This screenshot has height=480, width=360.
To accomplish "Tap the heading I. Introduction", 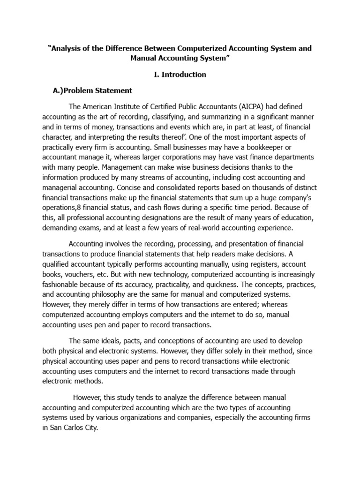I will [180, 75].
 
